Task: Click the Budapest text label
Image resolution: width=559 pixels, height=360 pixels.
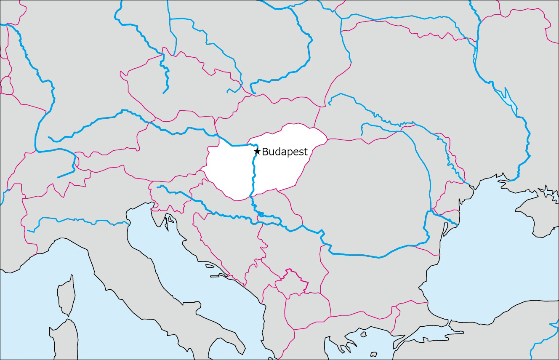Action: click(x=285, y=152)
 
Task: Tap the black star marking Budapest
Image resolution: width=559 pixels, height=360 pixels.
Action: click(x=257, y=151)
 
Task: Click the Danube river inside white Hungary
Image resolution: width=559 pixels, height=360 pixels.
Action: click(x=253, y=177)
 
